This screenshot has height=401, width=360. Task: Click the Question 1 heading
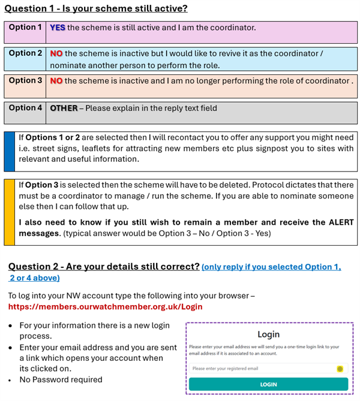pyautogui.click(x=96, y=8)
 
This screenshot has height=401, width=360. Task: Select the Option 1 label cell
pyautogui.click(x=25, y=28)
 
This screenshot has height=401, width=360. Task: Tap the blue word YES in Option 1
pyautogui.click(x=58, y=28)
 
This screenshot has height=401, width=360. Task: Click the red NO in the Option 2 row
pyautogui.click(x=56, y=54)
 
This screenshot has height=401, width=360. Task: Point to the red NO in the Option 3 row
pyautogui.click(x=56, y=81)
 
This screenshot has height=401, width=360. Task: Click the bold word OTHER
pyautogui.click(x=64, y=108)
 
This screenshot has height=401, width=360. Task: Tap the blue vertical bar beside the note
pyautogui.click(x=9, y=151)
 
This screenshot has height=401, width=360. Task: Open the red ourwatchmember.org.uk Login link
pyautogui.click(x=105, y=307)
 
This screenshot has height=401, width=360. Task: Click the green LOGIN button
pyautogui.click(x=268, y=384)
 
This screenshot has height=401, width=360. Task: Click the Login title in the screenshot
pyautogui.click(x=268, y=334)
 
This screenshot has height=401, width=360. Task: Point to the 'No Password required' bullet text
pyautogui.click(x=61, y=379)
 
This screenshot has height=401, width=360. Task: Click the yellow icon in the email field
pyautogui.click(x=340, y=368)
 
